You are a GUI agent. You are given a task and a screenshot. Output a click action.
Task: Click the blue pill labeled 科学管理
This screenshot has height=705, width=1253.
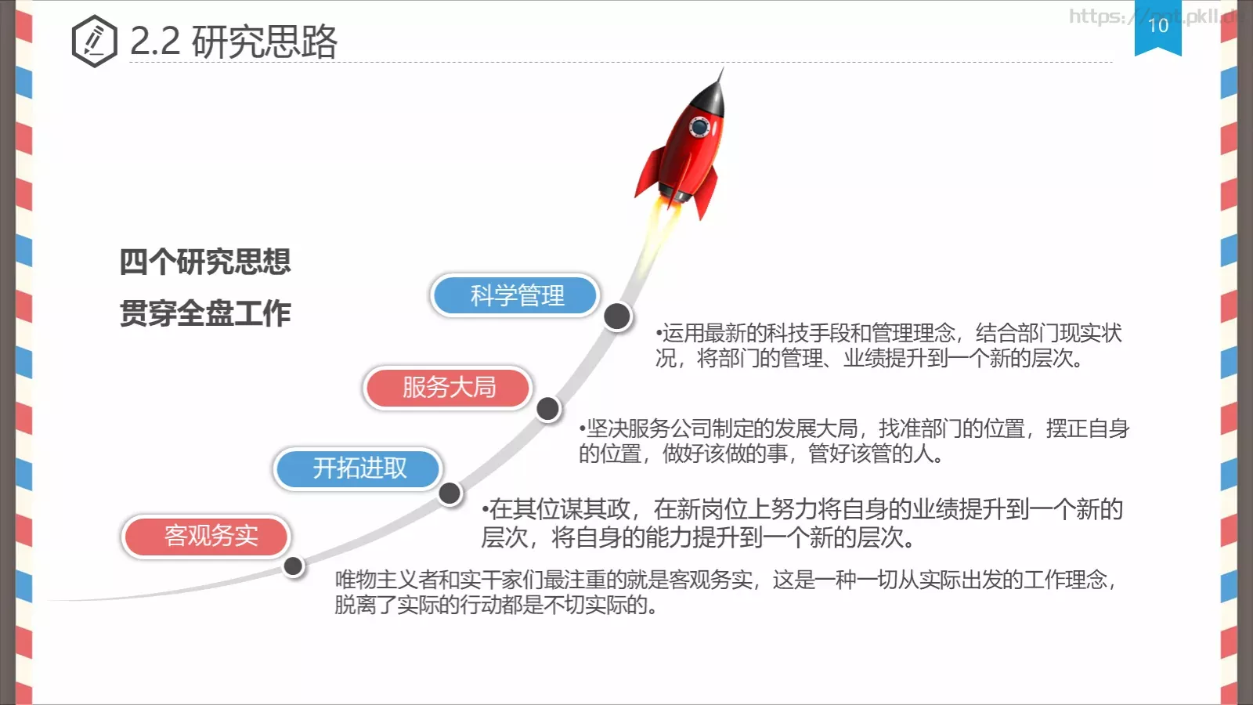[515, 295]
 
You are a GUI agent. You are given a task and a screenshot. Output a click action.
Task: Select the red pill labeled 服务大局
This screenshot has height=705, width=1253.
[448, 387]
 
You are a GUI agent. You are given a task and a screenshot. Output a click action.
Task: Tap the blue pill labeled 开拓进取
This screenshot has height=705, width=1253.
[359, 468]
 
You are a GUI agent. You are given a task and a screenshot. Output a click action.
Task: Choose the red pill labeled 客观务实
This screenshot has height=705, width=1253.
[207, 536]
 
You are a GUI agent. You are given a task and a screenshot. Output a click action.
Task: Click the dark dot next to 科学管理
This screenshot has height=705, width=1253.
[617, 316]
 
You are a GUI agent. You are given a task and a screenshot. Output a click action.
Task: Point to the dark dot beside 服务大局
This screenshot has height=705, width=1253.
[548, 408]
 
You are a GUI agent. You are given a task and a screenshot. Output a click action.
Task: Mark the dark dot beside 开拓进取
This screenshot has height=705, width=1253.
[450, 493]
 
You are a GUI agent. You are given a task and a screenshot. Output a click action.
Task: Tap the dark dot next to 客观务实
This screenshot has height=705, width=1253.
[294, 566]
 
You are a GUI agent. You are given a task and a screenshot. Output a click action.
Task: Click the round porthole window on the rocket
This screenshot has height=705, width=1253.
[699, 126]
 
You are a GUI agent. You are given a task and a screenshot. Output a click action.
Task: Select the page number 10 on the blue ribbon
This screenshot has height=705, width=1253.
[1157, 26]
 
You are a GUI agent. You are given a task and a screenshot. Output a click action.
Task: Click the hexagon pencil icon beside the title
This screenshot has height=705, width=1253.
[94, 41]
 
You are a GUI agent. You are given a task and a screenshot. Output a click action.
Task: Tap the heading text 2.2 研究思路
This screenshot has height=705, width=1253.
[233, 42]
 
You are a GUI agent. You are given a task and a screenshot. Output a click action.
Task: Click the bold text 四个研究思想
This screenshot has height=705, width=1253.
[205, 262]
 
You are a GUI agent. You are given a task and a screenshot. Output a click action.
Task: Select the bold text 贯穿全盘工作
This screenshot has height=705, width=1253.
[205, 313]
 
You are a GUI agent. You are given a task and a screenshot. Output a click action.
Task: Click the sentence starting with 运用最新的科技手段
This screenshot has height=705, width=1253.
[888, 345]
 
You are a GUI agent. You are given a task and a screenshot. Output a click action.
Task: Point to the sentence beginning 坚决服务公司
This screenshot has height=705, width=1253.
[854, 441]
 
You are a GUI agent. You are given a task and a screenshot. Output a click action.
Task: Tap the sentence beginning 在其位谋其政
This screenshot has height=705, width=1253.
[802, 522]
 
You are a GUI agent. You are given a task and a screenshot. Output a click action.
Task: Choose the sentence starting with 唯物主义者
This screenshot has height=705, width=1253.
[724, 591]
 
